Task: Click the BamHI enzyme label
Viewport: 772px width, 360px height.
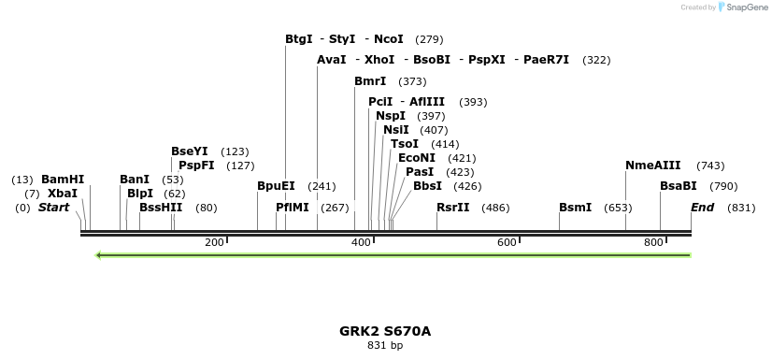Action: pyautogui.click(x=63, y=180)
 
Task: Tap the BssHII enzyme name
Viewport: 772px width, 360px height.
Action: pyautogui.click(x=161, y=208)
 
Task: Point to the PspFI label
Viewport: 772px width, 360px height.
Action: pyautogui.click(x=196, y=166)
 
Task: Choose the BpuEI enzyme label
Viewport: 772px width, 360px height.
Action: pyautogui.click(x=276, y=186)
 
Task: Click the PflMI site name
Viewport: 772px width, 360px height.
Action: pyautogui.click(x=292, y=208)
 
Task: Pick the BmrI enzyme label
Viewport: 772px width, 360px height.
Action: pyautogui.click(x=370, y=81)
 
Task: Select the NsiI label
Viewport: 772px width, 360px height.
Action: pyautogui.click(x=395, y=130)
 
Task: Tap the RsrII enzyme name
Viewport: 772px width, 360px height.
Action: pyautogui.click(x=452, y=208)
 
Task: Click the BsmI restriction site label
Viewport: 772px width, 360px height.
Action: pyautogui.click(x=575, y=208)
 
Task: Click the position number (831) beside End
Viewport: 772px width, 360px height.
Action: pyautogui.click(x=740, y=208)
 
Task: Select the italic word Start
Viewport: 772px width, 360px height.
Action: pyautogui.click(x=53, y=208)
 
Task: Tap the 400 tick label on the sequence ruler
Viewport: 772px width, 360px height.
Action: pyautogui.click(x=361, y=243)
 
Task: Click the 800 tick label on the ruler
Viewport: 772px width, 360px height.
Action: pyautogui.click(x=652, y=243)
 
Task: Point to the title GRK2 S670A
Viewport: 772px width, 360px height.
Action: pyautogui.click(x=385, y=331)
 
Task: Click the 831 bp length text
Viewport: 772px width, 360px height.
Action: pyautogui.click(x=385, y=346)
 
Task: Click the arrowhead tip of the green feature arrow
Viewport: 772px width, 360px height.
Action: pyautogui.click(x=98, y=254)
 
